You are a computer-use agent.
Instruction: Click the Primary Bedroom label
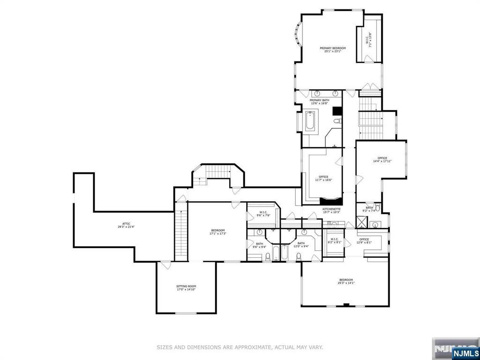click(x=333, y=50)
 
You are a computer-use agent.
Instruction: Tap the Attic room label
click(x=126, y=225)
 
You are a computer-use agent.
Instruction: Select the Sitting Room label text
click(x=186, y=288)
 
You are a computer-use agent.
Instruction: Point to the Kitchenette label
click(x=331, y=210)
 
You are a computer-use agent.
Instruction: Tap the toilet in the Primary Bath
click(x=337, y=122)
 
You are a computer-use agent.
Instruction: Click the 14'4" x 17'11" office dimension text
click(x=382, y=161)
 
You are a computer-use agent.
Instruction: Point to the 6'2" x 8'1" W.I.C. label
click(x=334, y=241)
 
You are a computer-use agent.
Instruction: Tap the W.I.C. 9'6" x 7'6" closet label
click(x=263, y=214)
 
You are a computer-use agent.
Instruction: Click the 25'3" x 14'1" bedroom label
click(x=346, y=281)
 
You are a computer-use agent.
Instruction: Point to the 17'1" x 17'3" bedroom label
click(x=218, y=232)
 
